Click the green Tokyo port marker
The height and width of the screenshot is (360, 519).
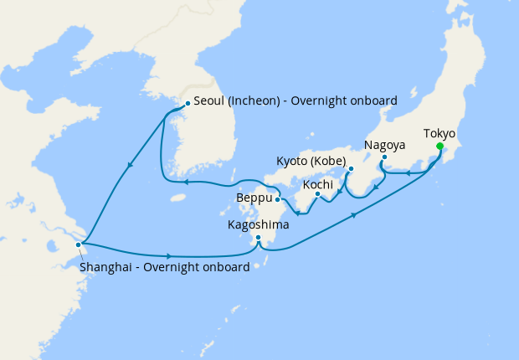[x=439, y=147]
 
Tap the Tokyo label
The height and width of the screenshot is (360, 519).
[x=439, y=133]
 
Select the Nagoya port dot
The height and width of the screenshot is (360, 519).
[x=384, y=157]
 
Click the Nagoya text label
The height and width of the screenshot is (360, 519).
[x=384, y=145]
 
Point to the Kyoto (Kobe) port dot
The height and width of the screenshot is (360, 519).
[x=352, y=167]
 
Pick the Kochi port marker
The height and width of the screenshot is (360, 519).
[x=318, y=196]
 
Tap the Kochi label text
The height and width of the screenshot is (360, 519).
[x=318, y=184]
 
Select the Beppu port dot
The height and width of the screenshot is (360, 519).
[x=277, y=199]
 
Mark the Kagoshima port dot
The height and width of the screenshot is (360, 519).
[x=259, y=238]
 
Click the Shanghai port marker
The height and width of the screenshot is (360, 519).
[x=79, y=244]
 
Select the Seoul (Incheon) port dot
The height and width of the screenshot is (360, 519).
[x=187, y=104]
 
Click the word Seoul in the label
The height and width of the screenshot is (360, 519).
[x=209, y=101]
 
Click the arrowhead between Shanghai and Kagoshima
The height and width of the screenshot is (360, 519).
[x=170, y=255]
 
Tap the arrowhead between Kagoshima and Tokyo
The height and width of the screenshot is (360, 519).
[x=356, y=216]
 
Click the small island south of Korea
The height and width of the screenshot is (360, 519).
[x=176, y=199]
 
